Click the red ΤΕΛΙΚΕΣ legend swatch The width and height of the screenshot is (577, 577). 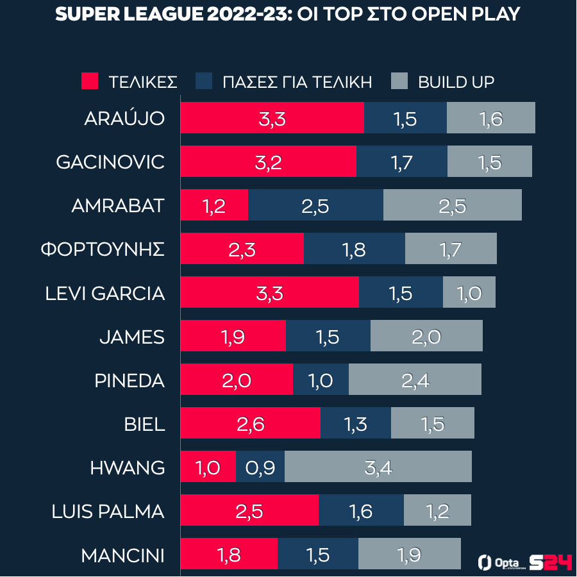(90, 81)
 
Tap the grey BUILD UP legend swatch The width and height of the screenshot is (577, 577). (399, 81)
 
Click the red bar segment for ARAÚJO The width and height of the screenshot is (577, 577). (272, 118)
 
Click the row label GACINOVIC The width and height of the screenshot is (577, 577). (110, 162)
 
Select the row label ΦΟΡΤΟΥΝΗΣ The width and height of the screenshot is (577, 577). (103, 249)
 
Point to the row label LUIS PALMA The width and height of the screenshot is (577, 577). (108, 512)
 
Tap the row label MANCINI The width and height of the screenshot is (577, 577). (122, 555)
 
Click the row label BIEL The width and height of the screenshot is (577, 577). (145, 424)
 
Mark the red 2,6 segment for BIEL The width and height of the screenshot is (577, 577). (250, 423)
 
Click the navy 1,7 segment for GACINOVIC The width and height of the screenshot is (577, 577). (402, 162)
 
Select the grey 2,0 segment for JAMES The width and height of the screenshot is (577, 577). (426, 336)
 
